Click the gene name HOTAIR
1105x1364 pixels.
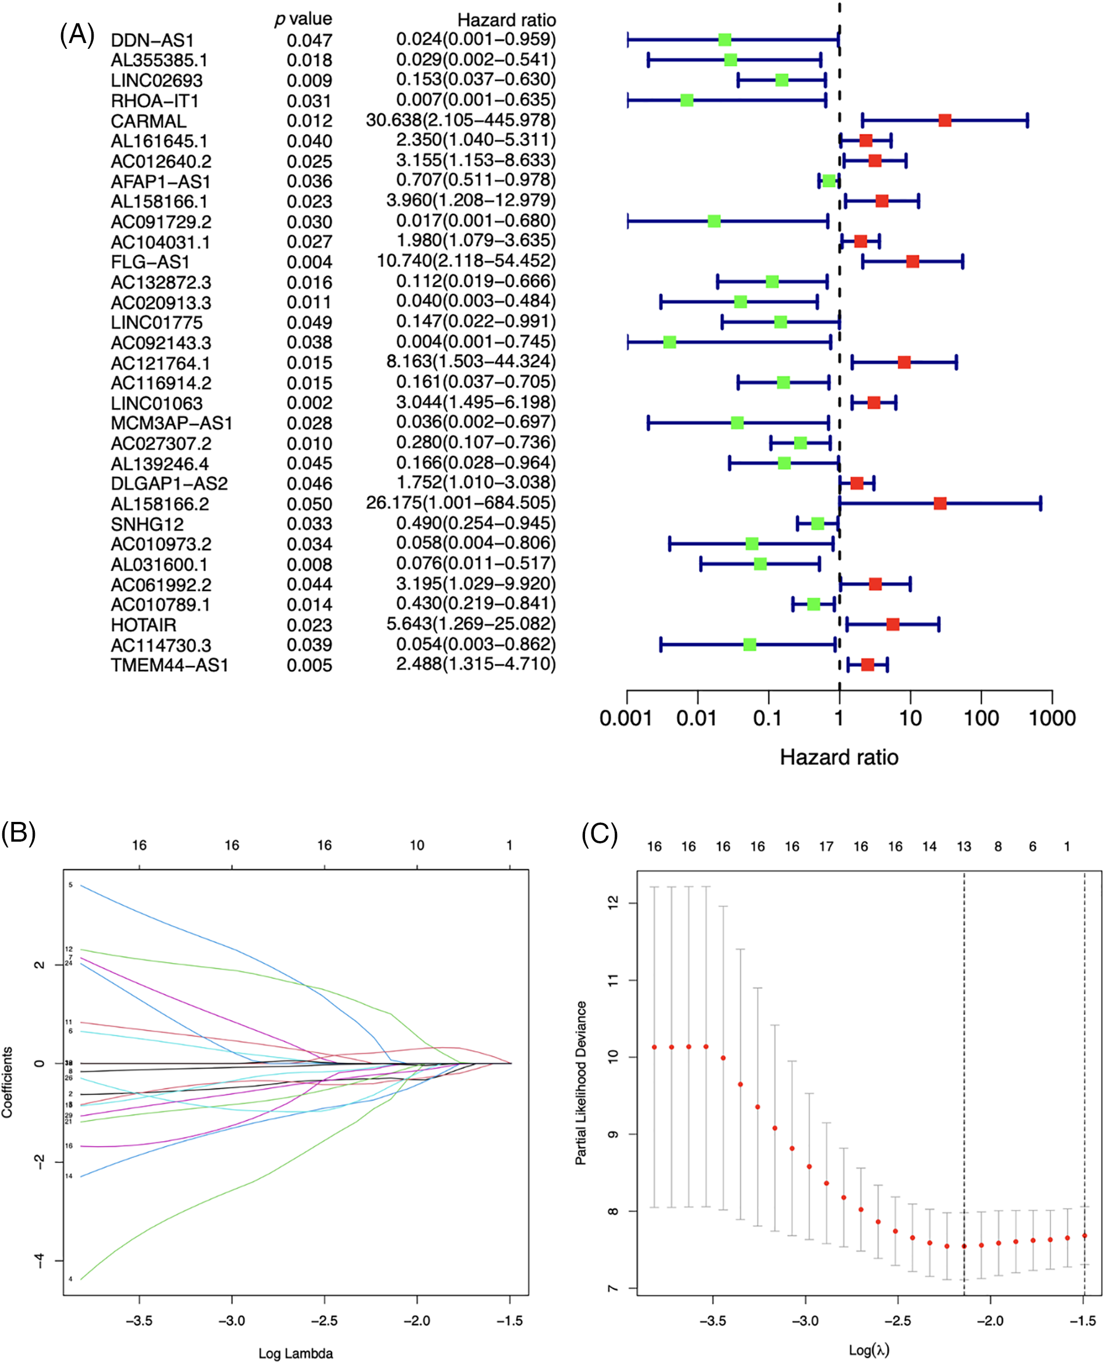[x=143, y=625]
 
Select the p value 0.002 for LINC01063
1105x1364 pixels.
[x=309, y=403]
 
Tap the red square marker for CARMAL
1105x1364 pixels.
[x=944, y=120]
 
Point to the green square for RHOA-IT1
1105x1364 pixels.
[x=686, y=100]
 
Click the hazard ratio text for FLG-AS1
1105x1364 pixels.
[x=466, y=262]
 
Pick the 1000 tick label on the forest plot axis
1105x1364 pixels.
[x=1051, y=718]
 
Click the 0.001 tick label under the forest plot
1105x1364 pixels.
[x=626, y=718]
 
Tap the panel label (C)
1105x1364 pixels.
[x=600, y=834]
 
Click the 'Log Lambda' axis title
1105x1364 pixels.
[x=295, y=1353]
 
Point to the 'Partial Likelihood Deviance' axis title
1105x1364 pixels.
[x=580, y=1082]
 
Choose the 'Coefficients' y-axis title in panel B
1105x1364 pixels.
[x=7, y=1082]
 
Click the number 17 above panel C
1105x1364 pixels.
[x=826, y=846]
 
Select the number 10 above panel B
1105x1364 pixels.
[x=417, y=845]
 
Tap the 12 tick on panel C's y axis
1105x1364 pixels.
[x=613, y=903]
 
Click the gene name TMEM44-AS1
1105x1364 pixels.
[x=169, y=665]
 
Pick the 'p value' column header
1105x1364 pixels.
[x=303, y=19]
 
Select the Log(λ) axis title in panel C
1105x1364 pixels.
[x=869, y=1349]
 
